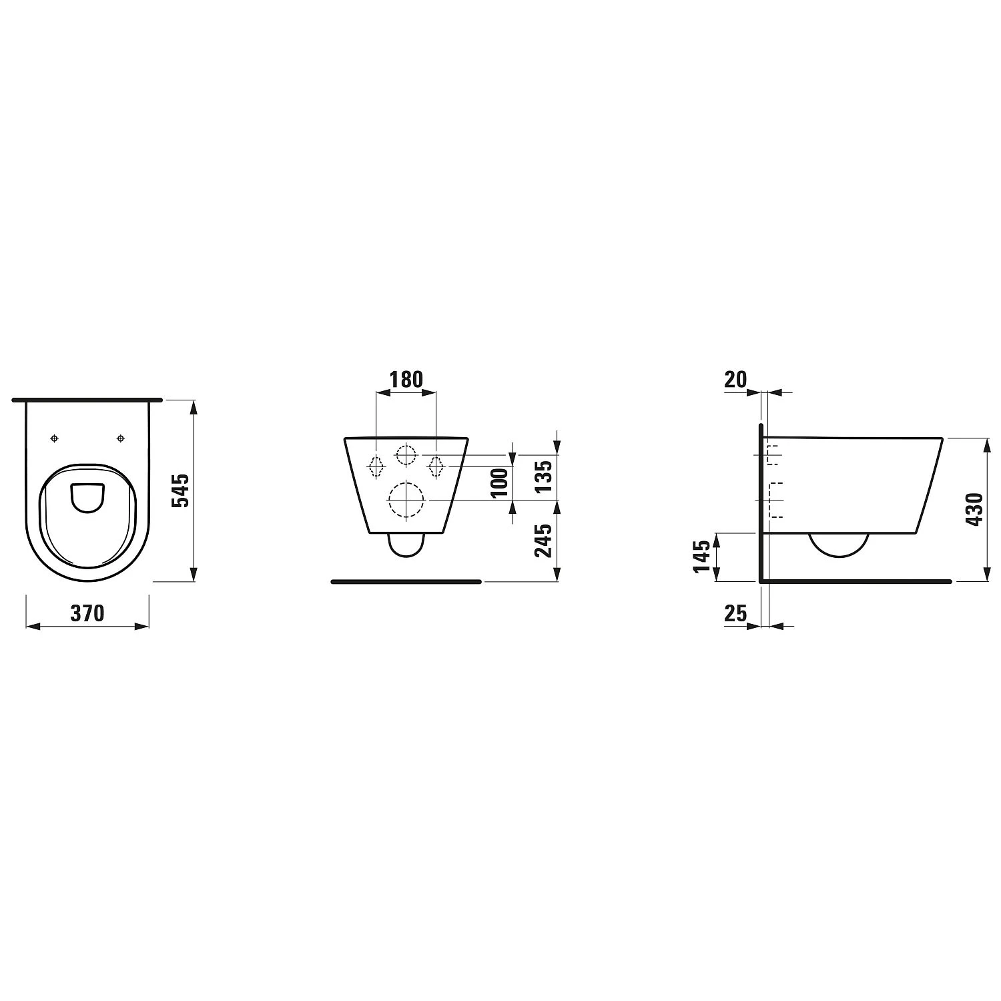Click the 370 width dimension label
tap(87, 613)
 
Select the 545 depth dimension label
tap(181, 491)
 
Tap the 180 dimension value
tap(406, 379)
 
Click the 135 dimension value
tap(544, 476)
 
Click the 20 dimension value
tap(735, 379)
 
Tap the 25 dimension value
tap(735, 613)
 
